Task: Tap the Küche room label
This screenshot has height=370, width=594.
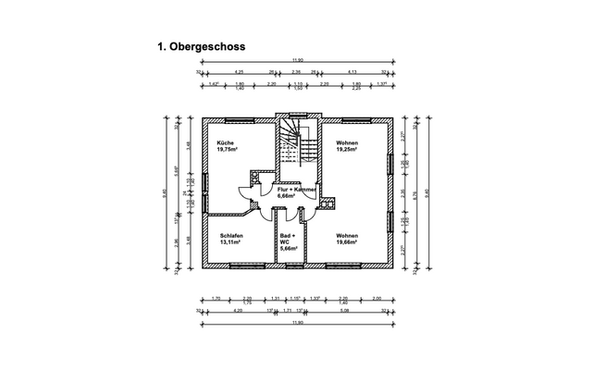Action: tap(226, 142)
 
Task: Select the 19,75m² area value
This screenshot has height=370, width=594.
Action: tap(229, 149)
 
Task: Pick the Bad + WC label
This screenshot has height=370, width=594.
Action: tap(289, 238)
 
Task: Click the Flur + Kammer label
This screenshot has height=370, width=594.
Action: tap(298, 189)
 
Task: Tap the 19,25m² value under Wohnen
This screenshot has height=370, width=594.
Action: tap(347, 149)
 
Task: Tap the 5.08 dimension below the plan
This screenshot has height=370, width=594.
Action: tap(344, 312)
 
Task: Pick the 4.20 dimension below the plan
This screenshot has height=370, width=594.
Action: tap(238, 312)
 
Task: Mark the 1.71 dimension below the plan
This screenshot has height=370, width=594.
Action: tap(287, 312)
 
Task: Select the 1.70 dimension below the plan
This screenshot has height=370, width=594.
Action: tap(216, 298)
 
